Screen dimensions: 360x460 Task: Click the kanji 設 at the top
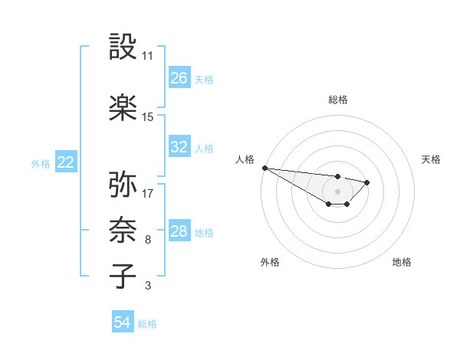(x=123, y=47)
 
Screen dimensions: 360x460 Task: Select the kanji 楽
(x=123, y=108)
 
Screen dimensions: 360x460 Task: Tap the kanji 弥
(x=123, y=185)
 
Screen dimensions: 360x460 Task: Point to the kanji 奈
(x=123, y=231)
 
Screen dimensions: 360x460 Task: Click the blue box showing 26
(x=179, y=78)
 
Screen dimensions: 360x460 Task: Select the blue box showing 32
(x=179, y=147)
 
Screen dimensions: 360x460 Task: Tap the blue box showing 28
(x=179, y=231)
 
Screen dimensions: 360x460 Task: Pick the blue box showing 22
(x=65, y=162)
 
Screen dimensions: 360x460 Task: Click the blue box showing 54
(x=123, y=322)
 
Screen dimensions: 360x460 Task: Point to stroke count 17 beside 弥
(x=148, y=193)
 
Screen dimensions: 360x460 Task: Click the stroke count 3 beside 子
(x=148, y=286)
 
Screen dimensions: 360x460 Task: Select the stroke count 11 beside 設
(x=148, y=56)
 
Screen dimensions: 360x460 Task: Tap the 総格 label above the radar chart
(x=337, y=100)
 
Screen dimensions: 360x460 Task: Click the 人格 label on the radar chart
(x=245, y=159)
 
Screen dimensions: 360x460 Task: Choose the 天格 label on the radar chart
(x=431, y=159)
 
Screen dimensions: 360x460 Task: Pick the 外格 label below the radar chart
(x=270, y=262)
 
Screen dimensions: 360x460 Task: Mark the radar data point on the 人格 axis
(x=264, y=168)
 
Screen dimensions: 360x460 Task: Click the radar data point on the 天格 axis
(x=368, y=182)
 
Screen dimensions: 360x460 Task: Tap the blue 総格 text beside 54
(x=147, y=324)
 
